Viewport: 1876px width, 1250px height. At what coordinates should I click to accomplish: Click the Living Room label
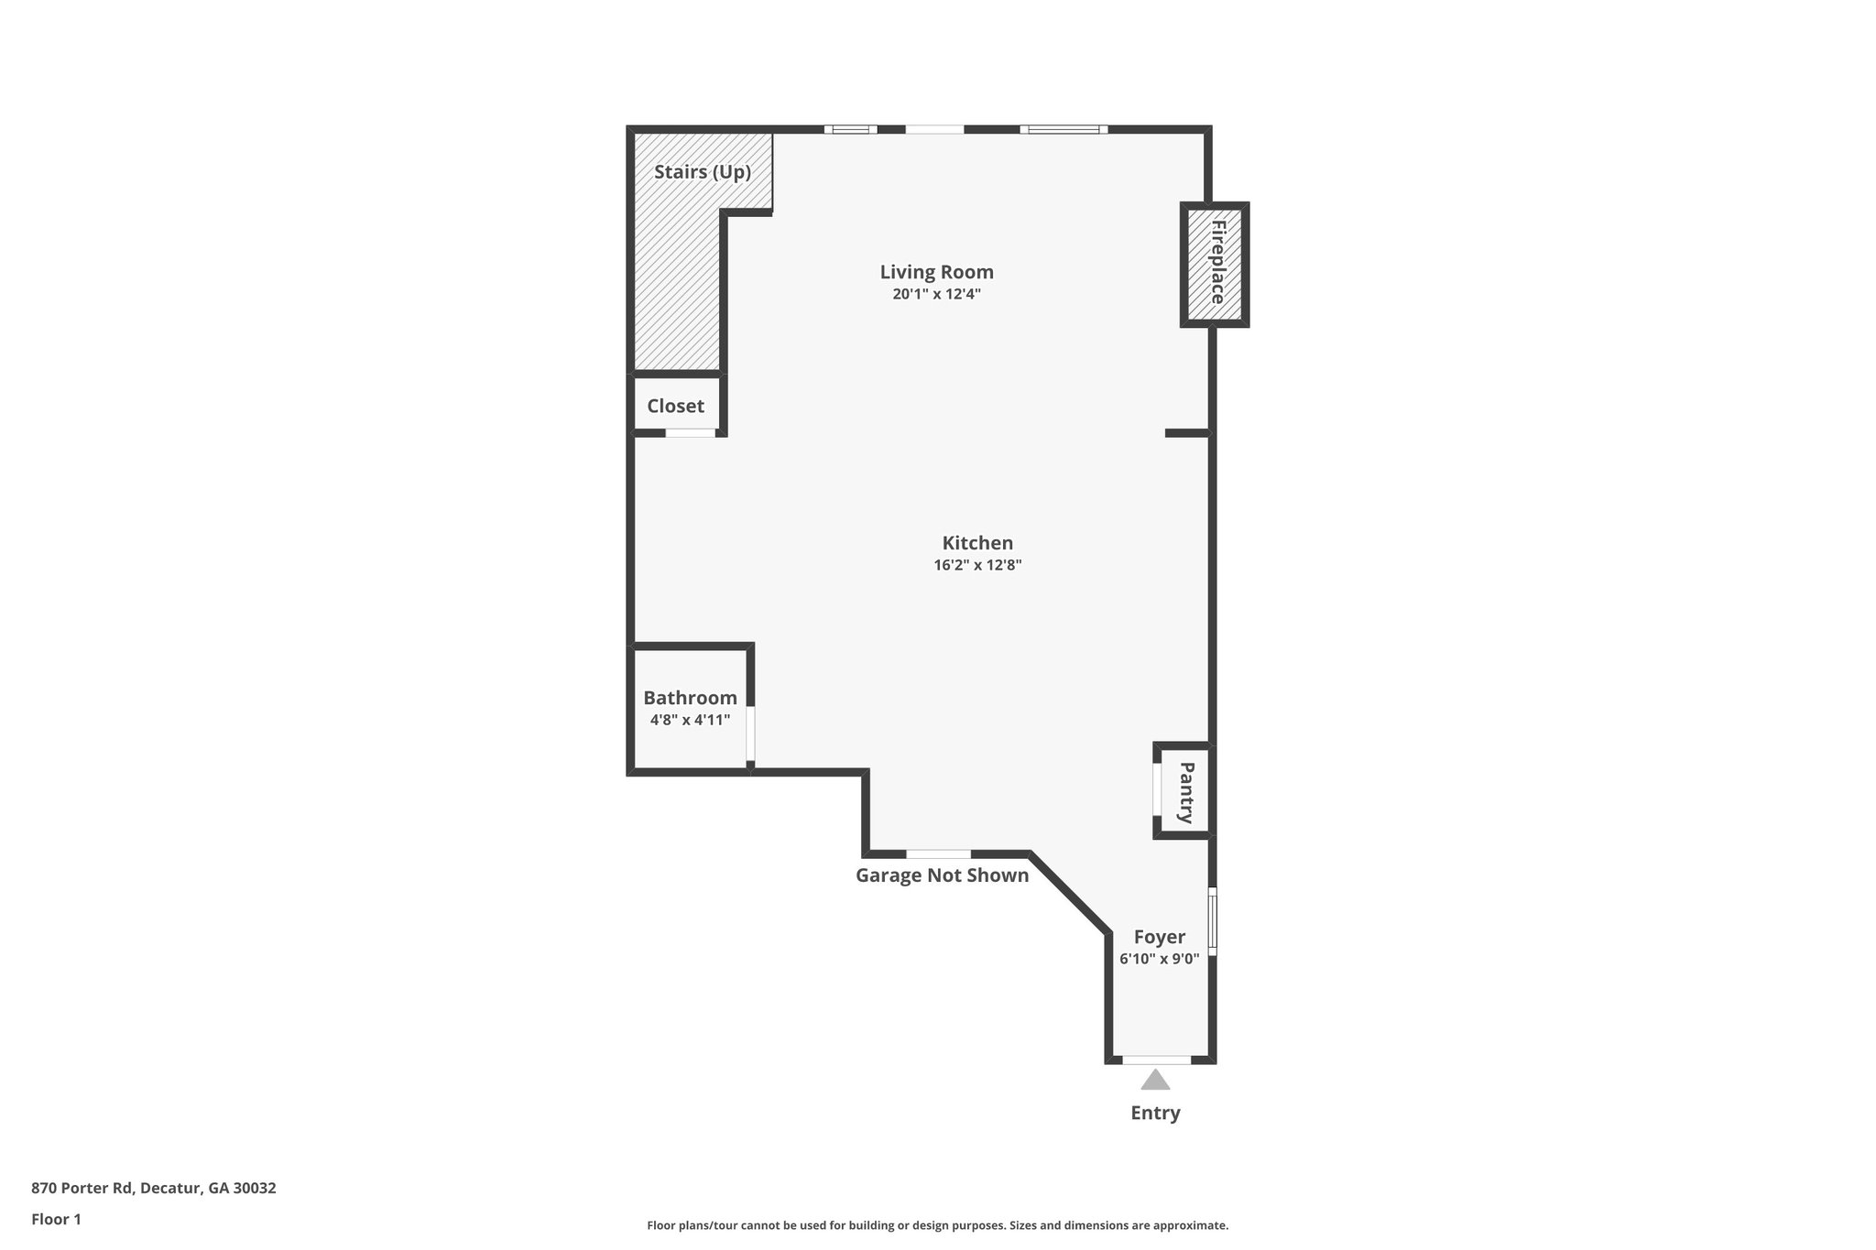[x=936, y=272]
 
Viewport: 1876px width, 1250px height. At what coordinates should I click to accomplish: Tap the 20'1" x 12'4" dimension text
[x=936, y=295]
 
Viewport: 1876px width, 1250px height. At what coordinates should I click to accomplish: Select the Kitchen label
[x=977, y=543]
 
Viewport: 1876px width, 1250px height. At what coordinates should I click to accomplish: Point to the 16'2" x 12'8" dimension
[x=977, y=566]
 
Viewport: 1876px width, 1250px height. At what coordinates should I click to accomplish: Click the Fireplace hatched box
[x=1215, y=264]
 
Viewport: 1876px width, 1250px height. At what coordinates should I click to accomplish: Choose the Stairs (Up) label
[x=703, y=172]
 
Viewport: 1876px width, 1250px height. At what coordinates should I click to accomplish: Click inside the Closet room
[x=676, y=406]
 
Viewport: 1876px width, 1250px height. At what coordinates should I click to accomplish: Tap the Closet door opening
[x=690, y=432]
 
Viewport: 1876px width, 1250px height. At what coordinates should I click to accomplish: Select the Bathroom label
[x=690, y=698]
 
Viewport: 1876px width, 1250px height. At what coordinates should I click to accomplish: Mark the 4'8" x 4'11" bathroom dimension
[x=690, y=721]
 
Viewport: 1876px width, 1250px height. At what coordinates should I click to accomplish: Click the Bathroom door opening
[x=750, y=733]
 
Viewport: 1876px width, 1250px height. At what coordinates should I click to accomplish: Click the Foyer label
[x=1159, y=937]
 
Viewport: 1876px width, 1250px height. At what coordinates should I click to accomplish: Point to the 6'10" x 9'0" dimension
[x=1159, y=960]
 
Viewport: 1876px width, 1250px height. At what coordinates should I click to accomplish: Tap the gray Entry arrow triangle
[x=1155, y=1081]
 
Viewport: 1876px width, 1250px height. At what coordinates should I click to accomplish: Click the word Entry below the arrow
[x=1155, y=1114]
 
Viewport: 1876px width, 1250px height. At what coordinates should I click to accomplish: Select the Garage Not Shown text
[x=942, y=875]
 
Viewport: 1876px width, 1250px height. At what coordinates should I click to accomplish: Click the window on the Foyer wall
[x=1212, y=921]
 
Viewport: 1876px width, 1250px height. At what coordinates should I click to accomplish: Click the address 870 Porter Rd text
[x=153, y=1189]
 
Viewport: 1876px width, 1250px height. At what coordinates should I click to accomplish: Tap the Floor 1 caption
[x=56, y=1219]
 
